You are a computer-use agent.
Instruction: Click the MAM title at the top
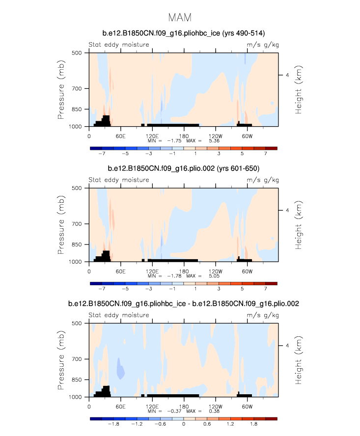point(180,18)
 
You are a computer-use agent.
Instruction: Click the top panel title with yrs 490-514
point(183,33)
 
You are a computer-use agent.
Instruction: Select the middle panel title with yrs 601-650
point(183,169)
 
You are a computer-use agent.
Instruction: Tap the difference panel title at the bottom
point(183,304)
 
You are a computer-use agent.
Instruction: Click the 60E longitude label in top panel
point(119,136)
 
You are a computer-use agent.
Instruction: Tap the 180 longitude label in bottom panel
point(184,406)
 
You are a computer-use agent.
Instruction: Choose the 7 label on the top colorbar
point(265,154)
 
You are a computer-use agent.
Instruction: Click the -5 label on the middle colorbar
point(125,289)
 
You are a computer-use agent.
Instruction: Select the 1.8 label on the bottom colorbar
point(253,425)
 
